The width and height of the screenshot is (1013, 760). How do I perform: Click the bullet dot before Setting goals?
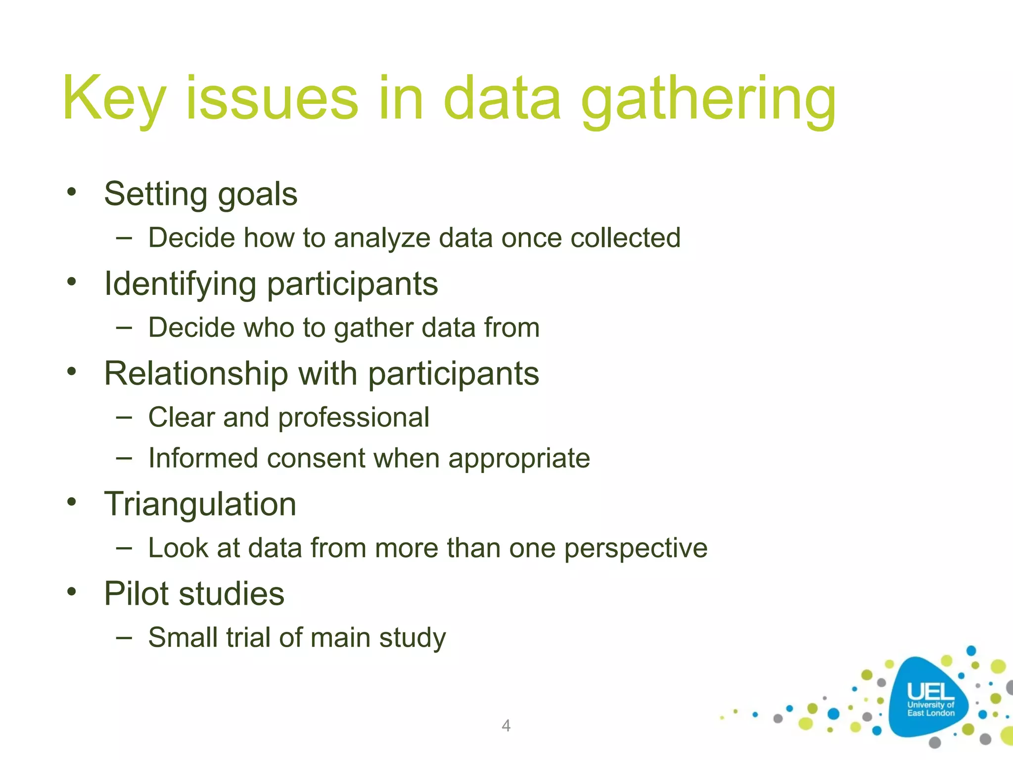72,192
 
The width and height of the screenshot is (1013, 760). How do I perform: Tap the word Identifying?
180,284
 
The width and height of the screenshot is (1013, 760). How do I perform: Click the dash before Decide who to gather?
124,327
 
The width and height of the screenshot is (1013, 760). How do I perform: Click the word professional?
354,418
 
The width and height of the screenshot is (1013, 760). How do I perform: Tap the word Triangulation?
200,504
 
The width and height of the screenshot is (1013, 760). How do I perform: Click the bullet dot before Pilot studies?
72,591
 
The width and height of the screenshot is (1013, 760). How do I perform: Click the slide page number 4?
506,725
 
